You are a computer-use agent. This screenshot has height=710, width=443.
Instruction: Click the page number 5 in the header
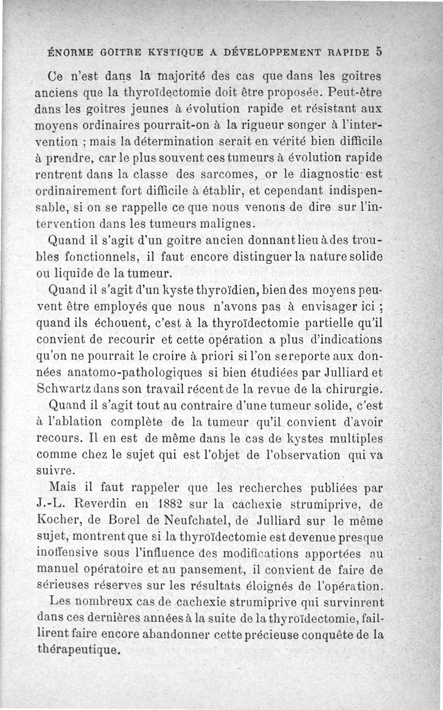pos(378,52)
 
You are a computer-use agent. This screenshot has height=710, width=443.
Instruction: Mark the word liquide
pos(69,273)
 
